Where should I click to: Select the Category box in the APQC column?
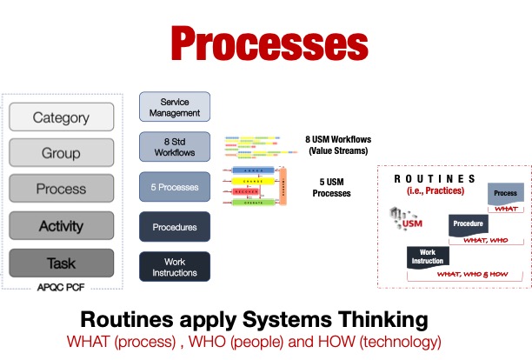(x=61, y=117)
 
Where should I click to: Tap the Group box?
(x=61, y=154)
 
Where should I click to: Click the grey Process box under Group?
(x=61, y=189)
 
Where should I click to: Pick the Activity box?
(x=61, y=226)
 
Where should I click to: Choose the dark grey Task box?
(x=61, y=263)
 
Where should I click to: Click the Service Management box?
(x=175, y=106)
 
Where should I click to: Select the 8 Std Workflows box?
(x=175, y=146)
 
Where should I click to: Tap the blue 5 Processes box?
(x=175, y=187)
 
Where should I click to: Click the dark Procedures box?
(x=175, y=227)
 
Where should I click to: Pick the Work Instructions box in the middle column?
(x=175, y=267)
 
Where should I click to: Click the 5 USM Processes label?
(x=331, y=187)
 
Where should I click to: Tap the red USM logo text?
(x=412, y=224)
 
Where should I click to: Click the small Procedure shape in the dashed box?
(x=468, y=223)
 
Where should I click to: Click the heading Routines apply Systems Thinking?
(x=266, y=319)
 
